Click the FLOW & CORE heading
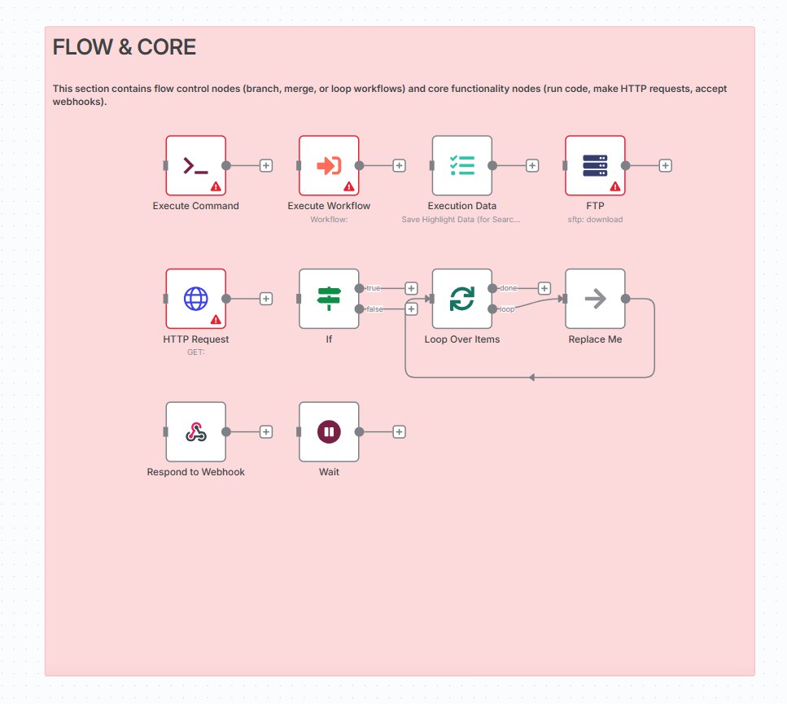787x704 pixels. [x=125, y=48]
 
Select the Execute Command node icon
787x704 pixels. [x=195, y=165]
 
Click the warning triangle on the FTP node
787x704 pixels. [x=615, y=186]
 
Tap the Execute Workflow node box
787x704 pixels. [x=329, y=165]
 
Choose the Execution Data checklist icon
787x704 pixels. [x=461, y=165]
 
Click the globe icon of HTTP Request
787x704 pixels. [x=195, y=299]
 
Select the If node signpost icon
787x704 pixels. [x=329, y=299]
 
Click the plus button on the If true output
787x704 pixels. [x=411, y=288]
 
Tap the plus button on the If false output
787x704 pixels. [x=411, y=308]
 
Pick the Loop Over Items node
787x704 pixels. [x=461, y=299]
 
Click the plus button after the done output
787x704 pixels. [x=544, y=288]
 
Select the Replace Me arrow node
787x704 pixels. [x=595, y=299]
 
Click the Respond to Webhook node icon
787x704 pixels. [x=195, y=432]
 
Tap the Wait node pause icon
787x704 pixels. [x=329, y=432]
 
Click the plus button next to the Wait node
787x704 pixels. [x=399, y=432]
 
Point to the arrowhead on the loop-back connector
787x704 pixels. [x=531, y=378]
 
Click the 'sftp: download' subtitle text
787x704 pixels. [x=595, y=220]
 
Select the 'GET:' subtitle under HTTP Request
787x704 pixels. [x=195, y=352]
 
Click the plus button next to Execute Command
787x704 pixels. [x=265, y=165]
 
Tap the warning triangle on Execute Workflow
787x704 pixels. [x=349, y=186]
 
